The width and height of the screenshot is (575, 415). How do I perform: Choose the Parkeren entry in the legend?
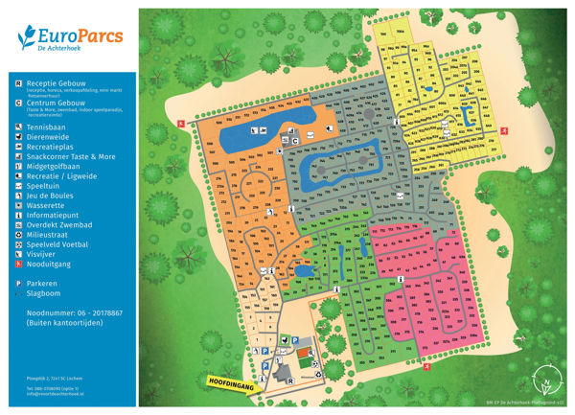43,284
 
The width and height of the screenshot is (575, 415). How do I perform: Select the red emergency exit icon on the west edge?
180,124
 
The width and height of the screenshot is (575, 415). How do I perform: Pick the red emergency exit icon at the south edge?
428,365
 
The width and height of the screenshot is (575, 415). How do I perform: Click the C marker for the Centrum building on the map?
296,141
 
